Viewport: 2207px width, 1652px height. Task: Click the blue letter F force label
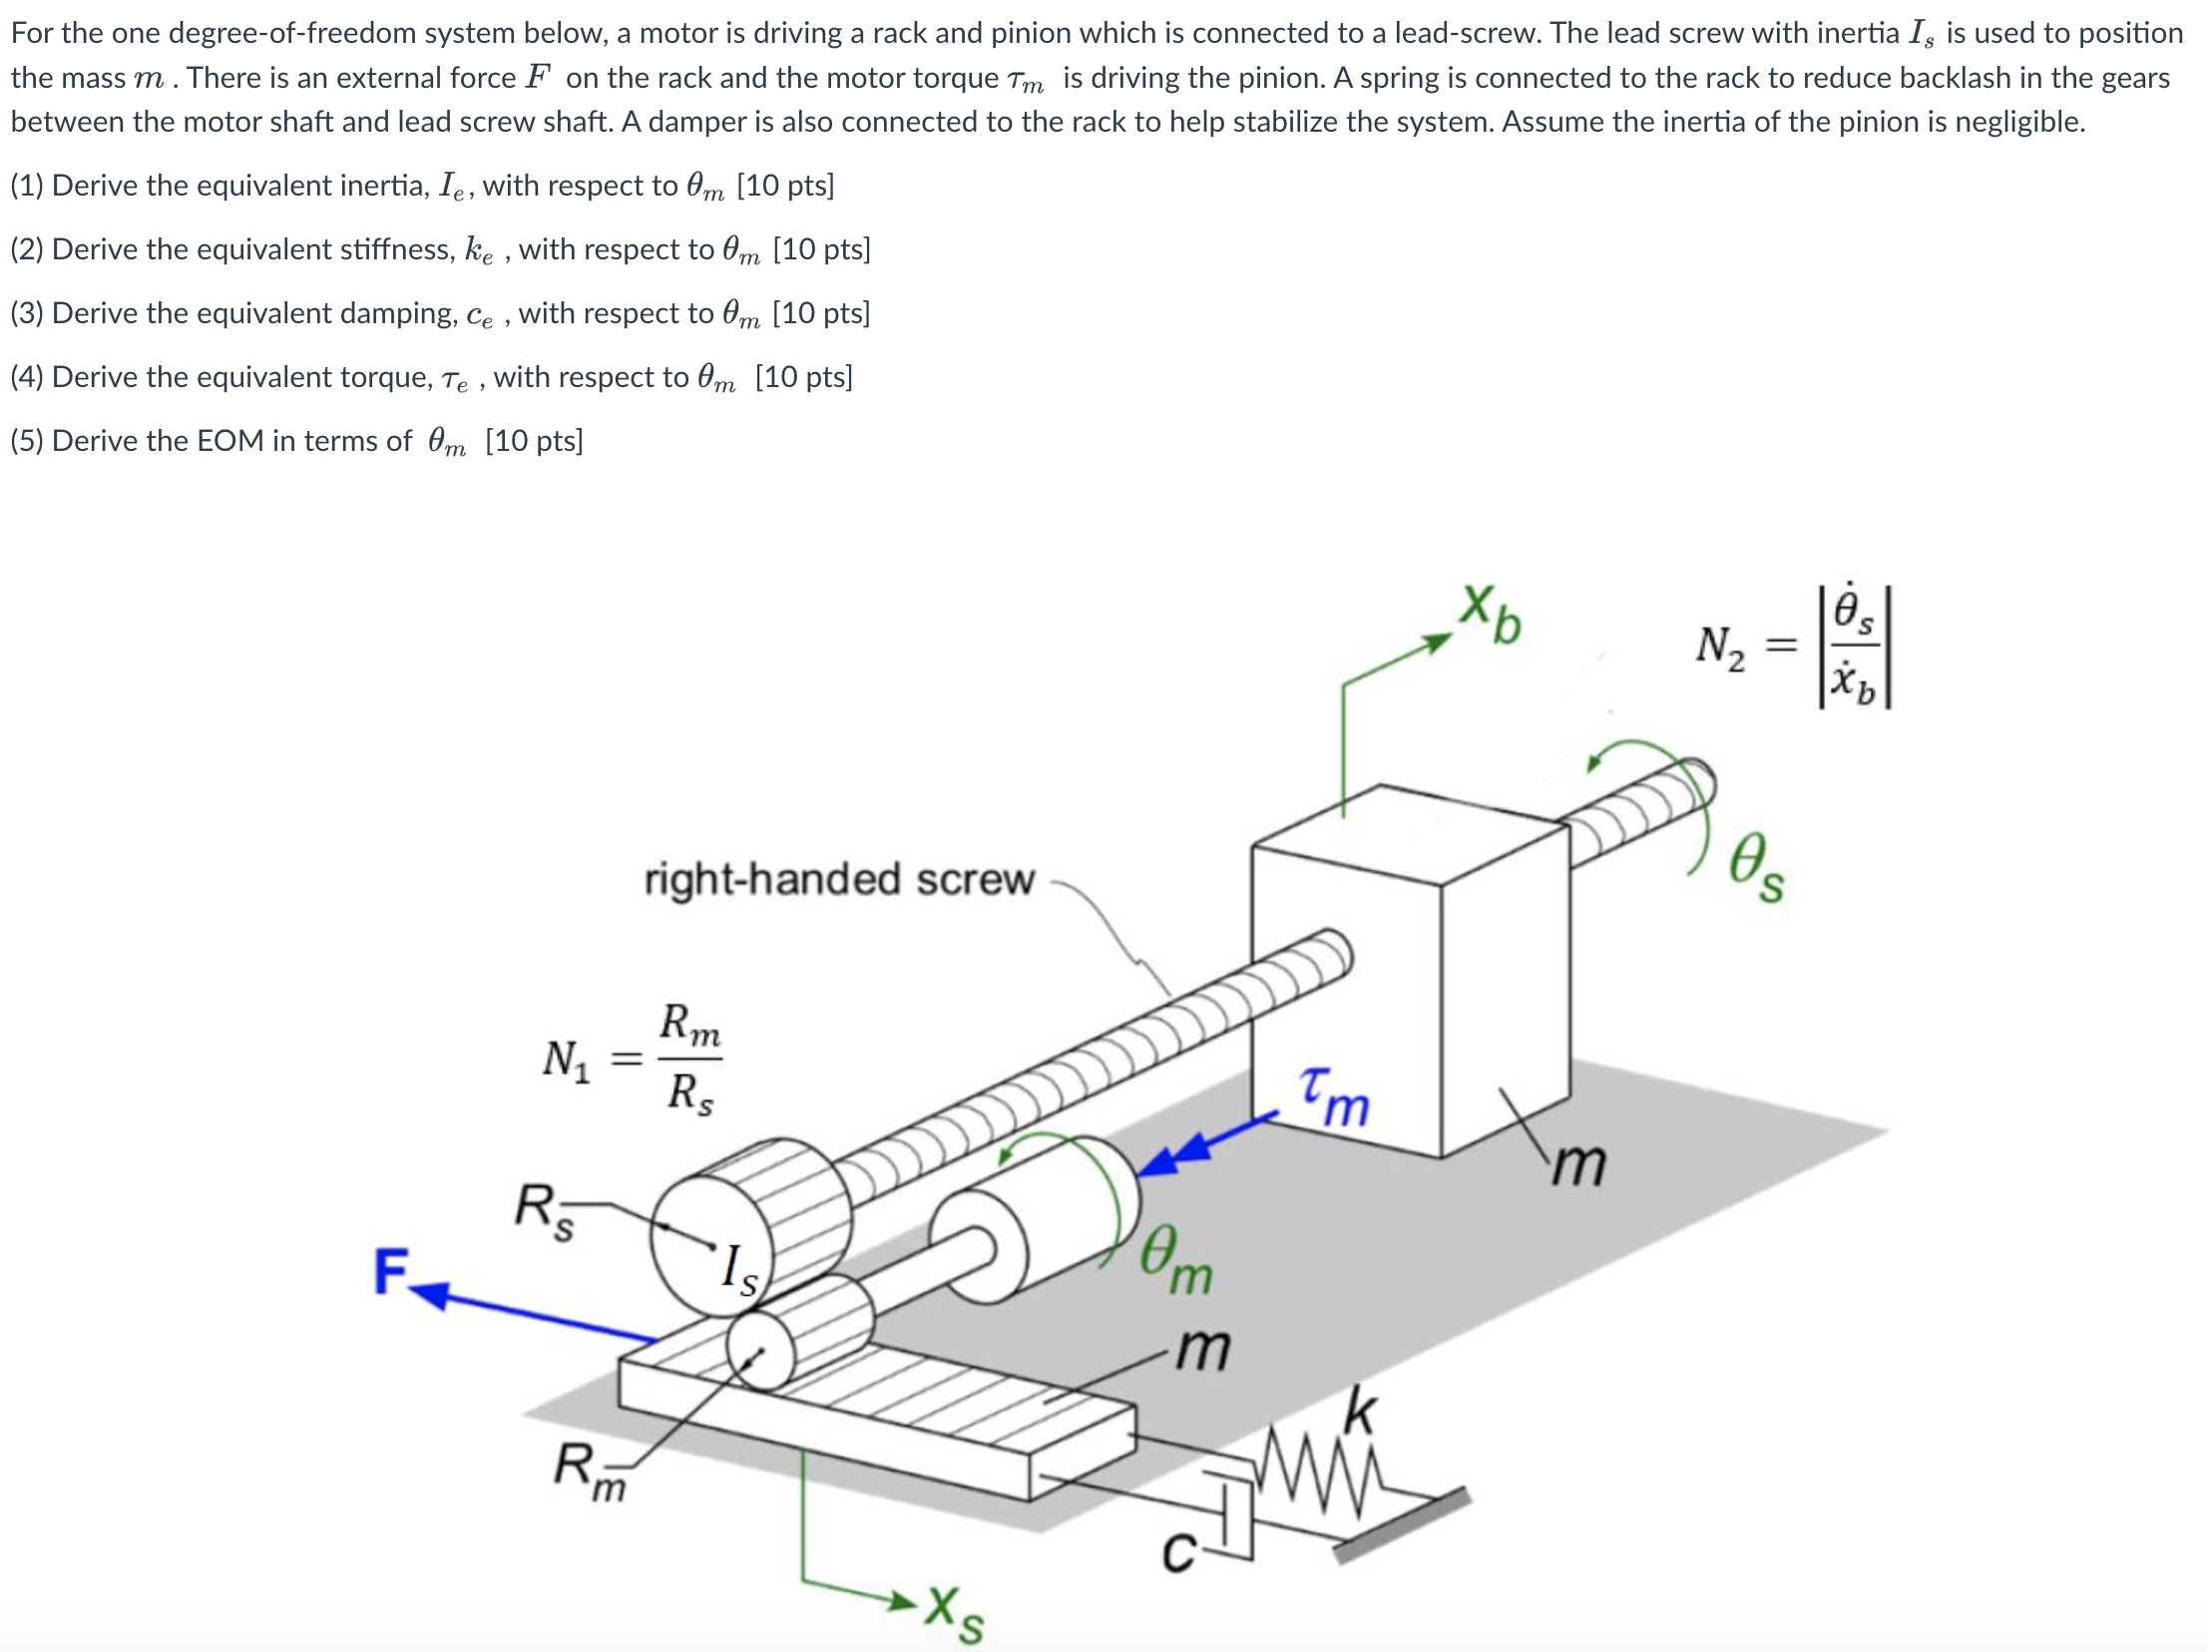coord(390,1272)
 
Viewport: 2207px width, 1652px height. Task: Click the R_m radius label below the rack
coord(589,1470)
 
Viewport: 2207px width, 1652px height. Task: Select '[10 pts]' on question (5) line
coord(534,441)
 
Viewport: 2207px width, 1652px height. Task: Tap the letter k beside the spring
coord(1360,1411)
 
